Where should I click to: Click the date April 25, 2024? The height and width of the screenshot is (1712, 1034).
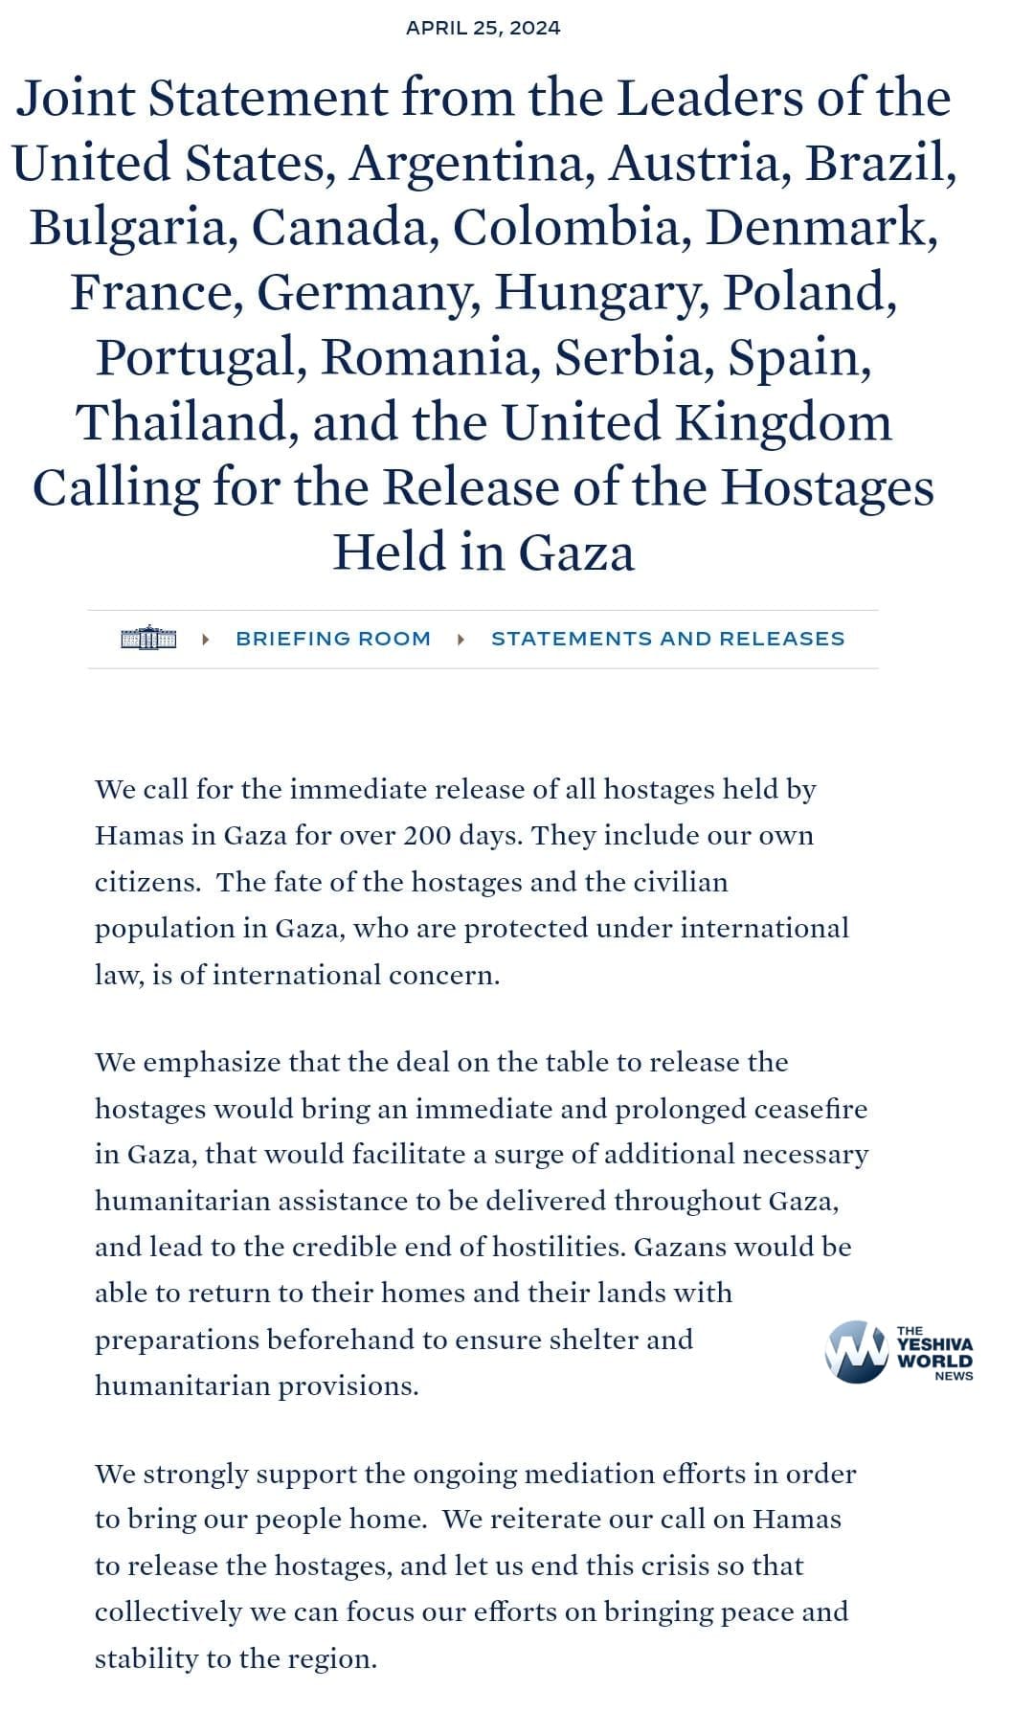coord(483,28)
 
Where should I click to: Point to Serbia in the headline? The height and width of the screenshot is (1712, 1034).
coord(633,358)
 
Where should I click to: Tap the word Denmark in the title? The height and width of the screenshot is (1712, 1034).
coord(821,228)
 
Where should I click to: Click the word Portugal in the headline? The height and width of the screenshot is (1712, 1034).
coord(199,358)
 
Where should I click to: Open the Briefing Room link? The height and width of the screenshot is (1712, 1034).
coord(333,639)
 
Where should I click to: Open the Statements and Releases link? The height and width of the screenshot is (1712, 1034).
coord(667,639)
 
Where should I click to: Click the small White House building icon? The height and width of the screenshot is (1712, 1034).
coord(148,638)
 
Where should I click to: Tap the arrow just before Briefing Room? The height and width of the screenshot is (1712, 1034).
coord(206,639)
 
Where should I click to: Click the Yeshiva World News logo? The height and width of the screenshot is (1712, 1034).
coord(898,1352)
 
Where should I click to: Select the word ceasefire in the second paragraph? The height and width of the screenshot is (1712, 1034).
coord(810,1109)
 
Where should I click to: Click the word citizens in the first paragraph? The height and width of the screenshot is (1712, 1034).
coord(147,882)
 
